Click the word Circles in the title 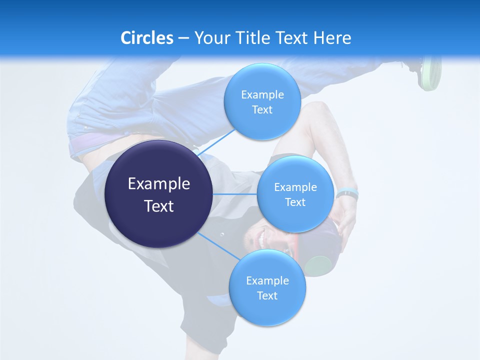click(x=147, y=38)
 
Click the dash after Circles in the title click(x=183, y=38)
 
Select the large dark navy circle click(x=158, y=194)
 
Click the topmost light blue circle click(x=262, y=101)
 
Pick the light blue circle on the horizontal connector click(x=295, y=194)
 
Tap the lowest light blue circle click(x=267, y=287)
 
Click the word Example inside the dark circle click(x=158, y=184)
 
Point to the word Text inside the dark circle click(x=158, y=206)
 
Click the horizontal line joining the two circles click(x=234, y=194)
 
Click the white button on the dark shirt click(x=222, y=234)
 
